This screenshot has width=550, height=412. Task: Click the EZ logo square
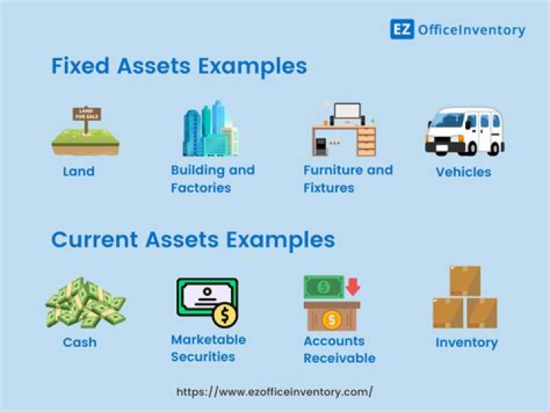pos(402,30)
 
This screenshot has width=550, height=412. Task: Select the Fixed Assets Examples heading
pos(179,66)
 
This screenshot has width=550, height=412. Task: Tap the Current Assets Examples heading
pos(192,240)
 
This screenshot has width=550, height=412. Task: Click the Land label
pos(79,171)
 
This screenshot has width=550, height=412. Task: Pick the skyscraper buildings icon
pos(210,129)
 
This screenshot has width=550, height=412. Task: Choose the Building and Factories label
pos(212,179)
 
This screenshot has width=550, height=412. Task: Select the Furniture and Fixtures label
pos(348,179)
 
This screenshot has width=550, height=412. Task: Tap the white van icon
pos(464,131)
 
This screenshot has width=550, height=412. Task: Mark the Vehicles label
pos(463,171)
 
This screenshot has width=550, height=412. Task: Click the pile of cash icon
pos(84,303)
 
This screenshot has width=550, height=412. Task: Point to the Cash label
pos(79,342)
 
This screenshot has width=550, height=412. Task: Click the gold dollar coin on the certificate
pos(225,314)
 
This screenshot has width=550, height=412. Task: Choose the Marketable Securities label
pos(208,348)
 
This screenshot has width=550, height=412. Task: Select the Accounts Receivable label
pos(339,349)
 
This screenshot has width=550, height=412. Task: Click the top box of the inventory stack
pos(464,281)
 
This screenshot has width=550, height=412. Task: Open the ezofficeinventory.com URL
pos(274,391)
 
